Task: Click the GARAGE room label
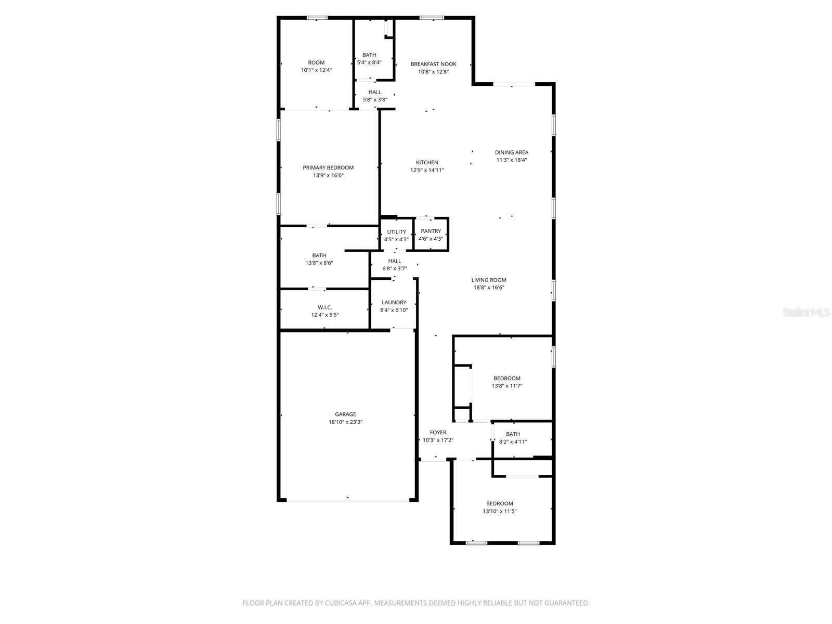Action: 345,414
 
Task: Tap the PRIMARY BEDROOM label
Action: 328,167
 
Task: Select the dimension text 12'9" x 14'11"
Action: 427,170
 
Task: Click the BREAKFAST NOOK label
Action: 433,64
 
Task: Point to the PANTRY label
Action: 431,231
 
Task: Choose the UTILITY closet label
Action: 396,232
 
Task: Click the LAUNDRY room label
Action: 394,302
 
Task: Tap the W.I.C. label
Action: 325,307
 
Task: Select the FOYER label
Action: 438,432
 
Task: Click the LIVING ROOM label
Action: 489,280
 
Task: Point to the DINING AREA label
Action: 511,152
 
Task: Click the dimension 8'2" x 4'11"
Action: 513,442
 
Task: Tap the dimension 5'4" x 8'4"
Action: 369,62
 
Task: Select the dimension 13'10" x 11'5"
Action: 499,511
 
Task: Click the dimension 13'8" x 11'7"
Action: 506,386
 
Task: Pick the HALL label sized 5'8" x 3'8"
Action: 375,92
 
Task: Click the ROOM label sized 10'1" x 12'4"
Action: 316,62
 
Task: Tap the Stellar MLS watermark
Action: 807,312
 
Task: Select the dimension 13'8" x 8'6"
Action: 319,263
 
